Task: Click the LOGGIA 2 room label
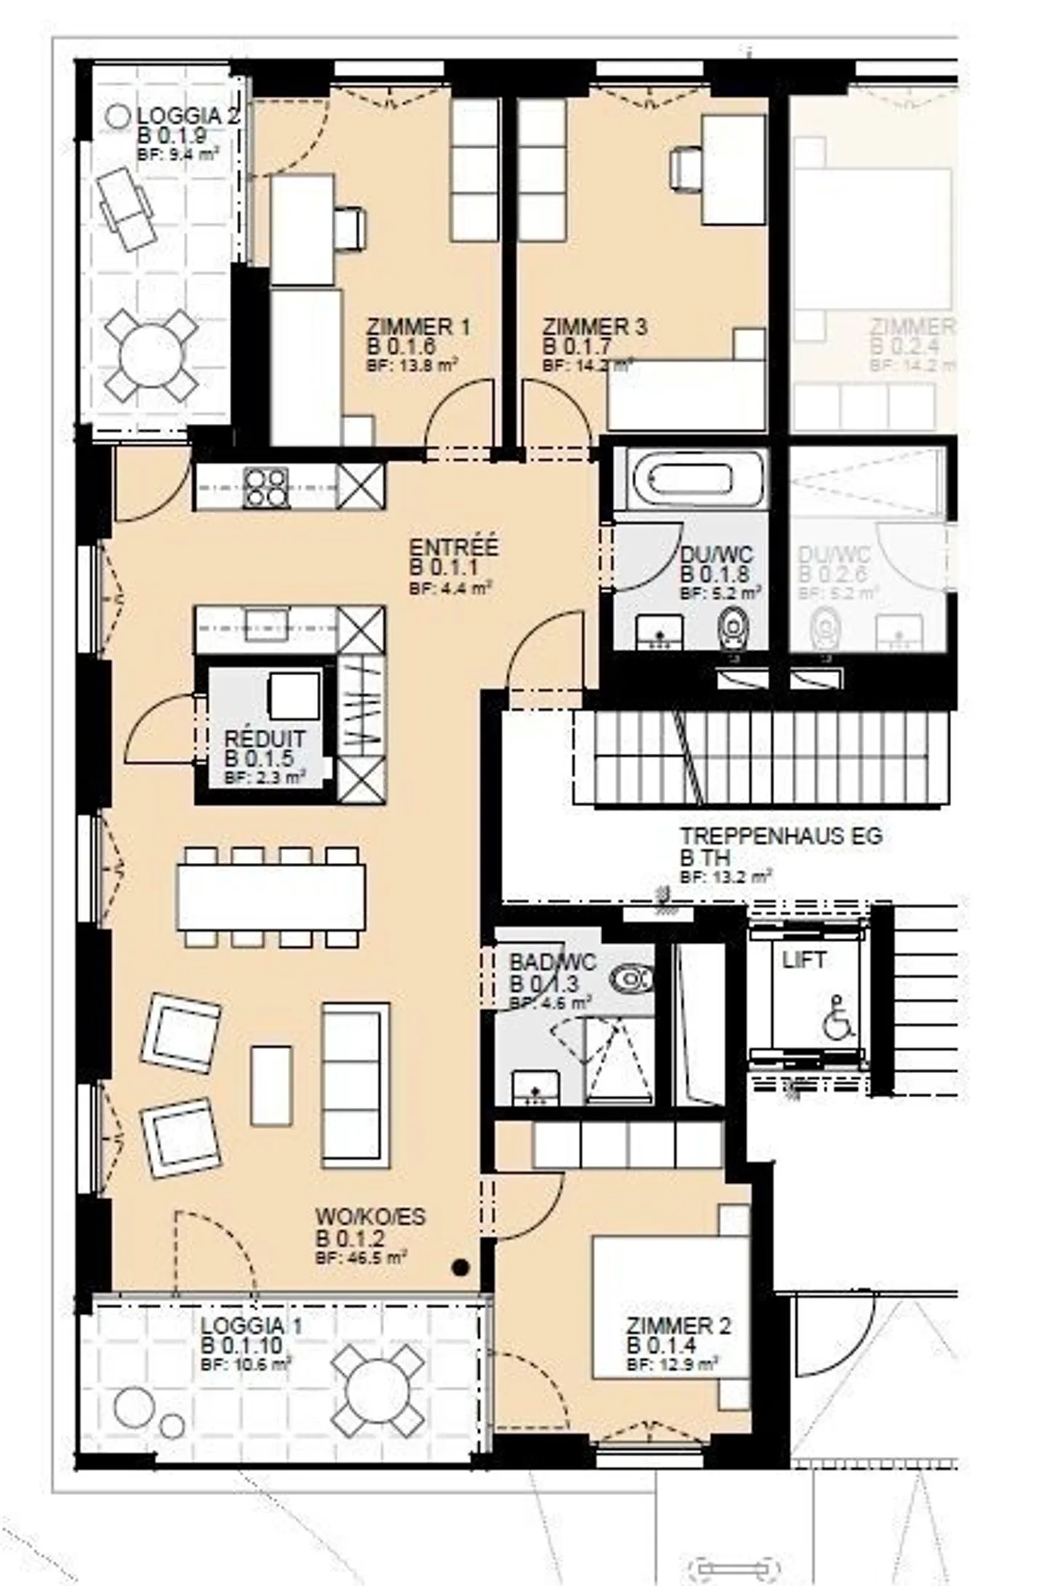pyautogui.click(x=188, y=116)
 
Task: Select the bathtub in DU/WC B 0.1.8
pyautogui.click(x=690, y=478)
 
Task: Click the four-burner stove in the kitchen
pyautogui.click(x=265, y=487)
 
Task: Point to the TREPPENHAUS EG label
pyautogui.click(x=781, y=836)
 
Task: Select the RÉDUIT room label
pyautogui.click(x=265, y=738)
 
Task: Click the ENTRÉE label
pyautogui.click(x=454, y=547)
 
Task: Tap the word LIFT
pyautogui.click(x=803, y=960)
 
